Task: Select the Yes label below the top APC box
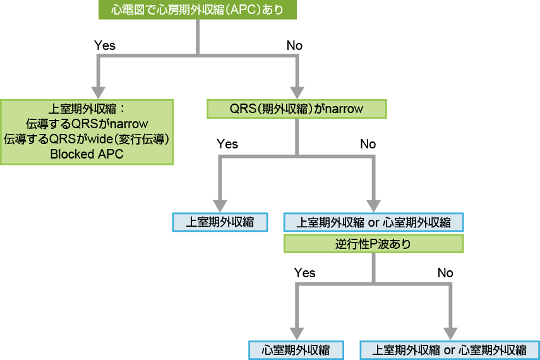coord(104,45)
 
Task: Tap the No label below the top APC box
coord(294,45)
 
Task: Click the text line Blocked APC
coord(87,154)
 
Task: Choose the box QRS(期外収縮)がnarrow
coord(296,109)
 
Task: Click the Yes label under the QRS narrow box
coord(227,144)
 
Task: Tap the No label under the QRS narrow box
coord(368,144)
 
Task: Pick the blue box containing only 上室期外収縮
coord(220,222)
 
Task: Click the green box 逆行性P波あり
coord(373,244)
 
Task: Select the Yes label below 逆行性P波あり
coord(304,273)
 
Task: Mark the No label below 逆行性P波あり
coord(445,273)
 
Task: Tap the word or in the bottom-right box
coord(450,350)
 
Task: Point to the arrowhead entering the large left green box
coord(98,89)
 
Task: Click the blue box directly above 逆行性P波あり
coord(373,222)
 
